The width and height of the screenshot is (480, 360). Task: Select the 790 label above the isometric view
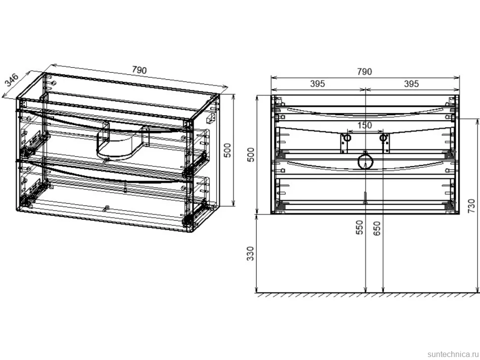139,70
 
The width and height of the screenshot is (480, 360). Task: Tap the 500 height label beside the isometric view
228,150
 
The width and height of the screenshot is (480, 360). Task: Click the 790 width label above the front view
365,72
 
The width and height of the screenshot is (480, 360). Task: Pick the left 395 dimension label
318,84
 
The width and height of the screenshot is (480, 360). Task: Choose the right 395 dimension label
411,84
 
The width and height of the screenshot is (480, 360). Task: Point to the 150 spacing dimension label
365,125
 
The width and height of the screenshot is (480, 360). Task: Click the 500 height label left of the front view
251,155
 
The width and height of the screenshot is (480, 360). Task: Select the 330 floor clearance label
251,253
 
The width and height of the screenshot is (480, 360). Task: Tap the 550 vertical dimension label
360,227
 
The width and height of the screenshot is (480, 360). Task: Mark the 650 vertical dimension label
377,228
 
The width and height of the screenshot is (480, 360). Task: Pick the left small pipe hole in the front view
347,138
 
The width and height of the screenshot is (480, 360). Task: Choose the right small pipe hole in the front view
383,138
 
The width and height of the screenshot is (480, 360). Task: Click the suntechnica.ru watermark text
453,354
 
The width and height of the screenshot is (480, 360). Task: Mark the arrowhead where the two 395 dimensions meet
366,90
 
